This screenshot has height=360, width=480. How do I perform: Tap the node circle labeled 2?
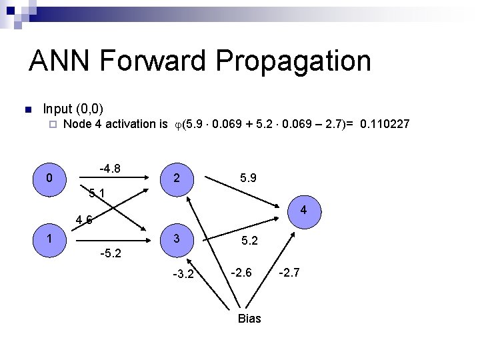pyautogui.click(x=175, y=178)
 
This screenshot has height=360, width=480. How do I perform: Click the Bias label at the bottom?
pyautogui.click(x=249, y=319)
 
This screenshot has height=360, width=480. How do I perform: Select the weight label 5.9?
pyautogui.click(x=249, y=178)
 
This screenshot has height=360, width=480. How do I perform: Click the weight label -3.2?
pyautogui.click(x=183, y=273)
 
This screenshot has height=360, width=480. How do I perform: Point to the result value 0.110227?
pyautogui.click(x=385, y=124)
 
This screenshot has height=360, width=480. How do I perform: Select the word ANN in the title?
pyautogui.click(x=61, y=61)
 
